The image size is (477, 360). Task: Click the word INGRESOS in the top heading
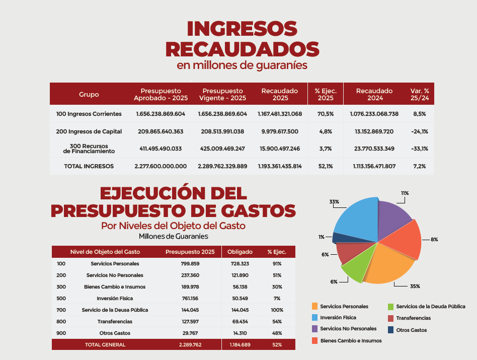coord(242,29)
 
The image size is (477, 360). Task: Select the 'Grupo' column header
coord(89,94)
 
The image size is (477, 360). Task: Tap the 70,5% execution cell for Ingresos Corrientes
coord(326,114)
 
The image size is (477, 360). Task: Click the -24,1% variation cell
coord(420,131)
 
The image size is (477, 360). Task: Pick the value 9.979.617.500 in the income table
coord(280,131)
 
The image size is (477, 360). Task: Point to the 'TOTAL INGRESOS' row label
coord(89,166)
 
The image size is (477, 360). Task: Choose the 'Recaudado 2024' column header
coord(374,94)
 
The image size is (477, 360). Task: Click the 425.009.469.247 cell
coord(222,149)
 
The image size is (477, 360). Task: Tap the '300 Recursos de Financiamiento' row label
coord(89,149)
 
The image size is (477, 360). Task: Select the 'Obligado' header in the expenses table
coord(240,252)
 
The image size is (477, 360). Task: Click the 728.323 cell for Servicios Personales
coord(240,263)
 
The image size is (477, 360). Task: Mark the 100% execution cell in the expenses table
coord(277,310)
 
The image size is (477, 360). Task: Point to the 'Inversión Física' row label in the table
coord(115,298)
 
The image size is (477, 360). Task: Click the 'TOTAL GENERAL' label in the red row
coord(105,344)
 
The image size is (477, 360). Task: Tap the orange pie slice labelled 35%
coord(389,265)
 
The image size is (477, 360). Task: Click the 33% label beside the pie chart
coord(334,202)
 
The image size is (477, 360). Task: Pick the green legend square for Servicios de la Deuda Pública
coord(391,307)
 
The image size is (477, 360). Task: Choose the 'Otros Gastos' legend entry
coord(408,330)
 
